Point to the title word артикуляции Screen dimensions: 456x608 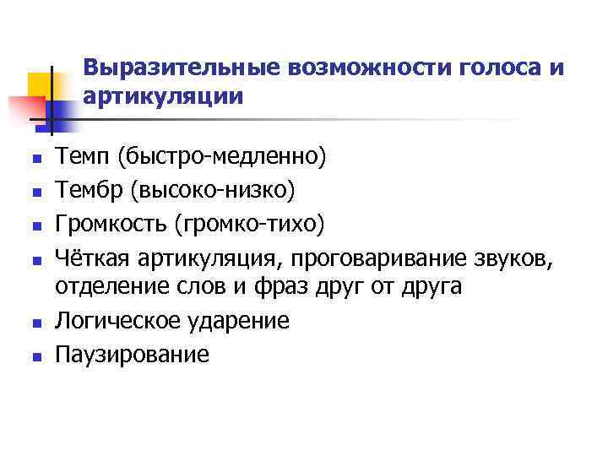coord(164,96)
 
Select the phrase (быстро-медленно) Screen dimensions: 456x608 coord(221,155)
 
